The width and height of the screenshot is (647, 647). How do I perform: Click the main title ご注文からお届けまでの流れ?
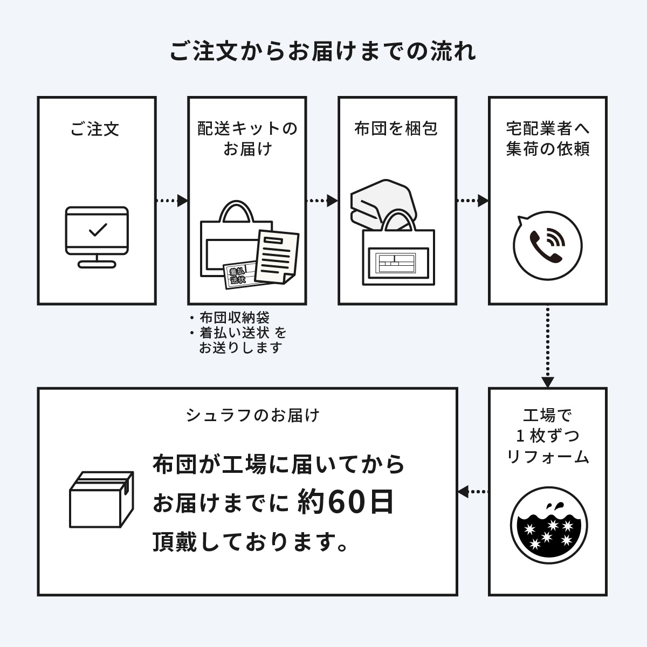point(323,52)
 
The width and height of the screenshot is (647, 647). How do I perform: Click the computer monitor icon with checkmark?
point(97,236)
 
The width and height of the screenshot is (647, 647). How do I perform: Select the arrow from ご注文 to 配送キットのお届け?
point(171,201)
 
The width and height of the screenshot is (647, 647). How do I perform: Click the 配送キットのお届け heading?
point(247,139)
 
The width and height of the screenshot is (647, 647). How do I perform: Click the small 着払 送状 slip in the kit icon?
point(237,275)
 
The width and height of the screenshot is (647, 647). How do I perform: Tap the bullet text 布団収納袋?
point(234,318)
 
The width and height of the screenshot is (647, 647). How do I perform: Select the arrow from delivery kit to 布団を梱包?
point(322,201)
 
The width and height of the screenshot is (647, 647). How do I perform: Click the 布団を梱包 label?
point(396,129)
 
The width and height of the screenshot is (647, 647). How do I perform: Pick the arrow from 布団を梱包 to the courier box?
point(472,201)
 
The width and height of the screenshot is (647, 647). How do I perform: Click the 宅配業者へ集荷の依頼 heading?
point(548,139)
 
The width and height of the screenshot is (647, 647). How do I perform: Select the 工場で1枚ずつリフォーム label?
point(548,436)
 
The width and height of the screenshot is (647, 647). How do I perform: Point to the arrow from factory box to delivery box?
point(473,491)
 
